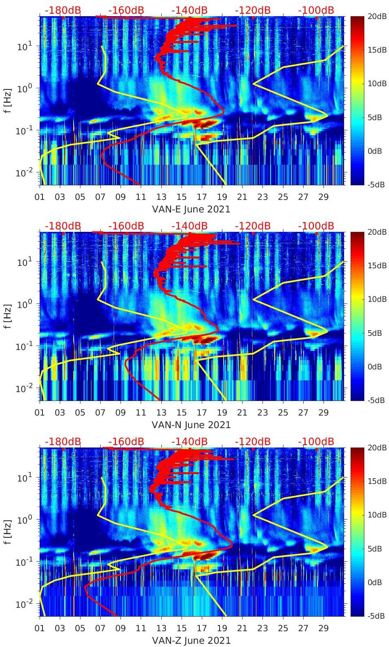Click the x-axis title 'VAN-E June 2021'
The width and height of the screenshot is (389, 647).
pos(191,209)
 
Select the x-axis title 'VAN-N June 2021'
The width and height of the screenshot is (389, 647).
pos(191,425)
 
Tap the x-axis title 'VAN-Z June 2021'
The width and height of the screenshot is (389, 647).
pos(191,641)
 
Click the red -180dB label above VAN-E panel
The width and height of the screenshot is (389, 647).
pos(63,10)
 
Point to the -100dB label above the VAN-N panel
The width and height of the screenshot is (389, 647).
pos(316,226)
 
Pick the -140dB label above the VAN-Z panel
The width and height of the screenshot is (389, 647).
pos(189,441)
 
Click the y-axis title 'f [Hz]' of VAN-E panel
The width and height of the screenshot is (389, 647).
pos(8,101)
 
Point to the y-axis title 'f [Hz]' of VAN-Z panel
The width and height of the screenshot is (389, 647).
pos(8,532)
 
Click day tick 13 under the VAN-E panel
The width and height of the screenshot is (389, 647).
pos(161,197)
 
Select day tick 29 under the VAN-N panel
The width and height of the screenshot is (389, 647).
pos(323,413)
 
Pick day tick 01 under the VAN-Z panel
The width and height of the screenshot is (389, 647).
pos(40,628)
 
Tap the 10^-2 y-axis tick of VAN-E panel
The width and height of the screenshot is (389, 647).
pos(23,173)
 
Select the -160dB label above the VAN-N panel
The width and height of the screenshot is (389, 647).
pos(126,226)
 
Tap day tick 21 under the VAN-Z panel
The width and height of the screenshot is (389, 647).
pos(242,628)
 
